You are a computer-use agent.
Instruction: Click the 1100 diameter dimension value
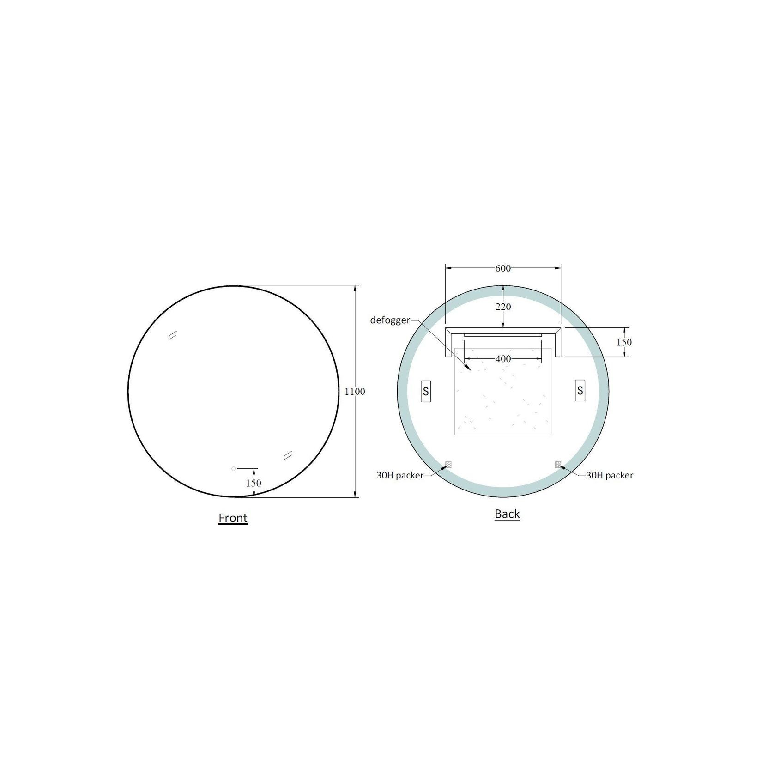pos(355,392)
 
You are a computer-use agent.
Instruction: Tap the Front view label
pos(233,518)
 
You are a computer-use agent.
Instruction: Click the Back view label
pos(507,514)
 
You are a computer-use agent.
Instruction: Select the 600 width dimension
pos(503,268)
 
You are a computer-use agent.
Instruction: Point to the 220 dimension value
pos(503,307)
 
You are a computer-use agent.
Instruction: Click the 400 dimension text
pos(503,359)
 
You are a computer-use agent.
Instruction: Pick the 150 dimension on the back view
pos(624,342)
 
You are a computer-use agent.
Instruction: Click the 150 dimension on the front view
pos(254,483)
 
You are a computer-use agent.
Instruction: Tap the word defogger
pos(390,320)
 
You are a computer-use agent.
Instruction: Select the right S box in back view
pos(580,391)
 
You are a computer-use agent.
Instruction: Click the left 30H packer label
pos(400,475)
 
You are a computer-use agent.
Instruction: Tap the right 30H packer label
pos(610,475)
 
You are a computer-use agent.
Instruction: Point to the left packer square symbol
pos(448,465)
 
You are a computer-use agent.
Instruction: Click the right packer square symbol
pos(558,465)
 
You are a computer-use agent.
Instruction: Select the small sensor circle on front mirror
pos(233,469)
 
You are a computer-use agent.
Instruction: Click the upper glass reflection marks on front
pos(173,336)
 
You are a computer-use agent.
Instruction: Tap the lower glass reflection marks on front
pos(288,455)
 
